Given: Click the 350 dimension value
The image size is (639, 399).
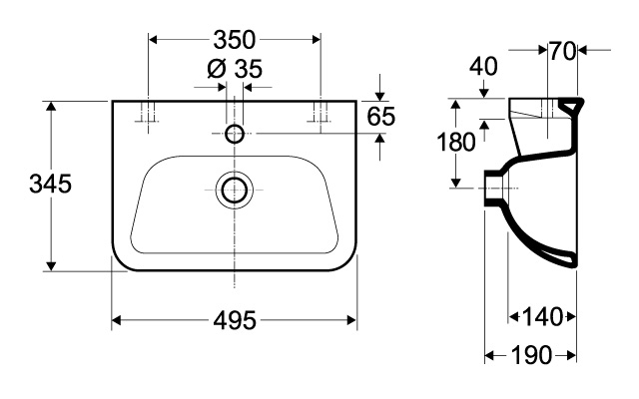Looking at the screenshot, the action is pyautogui.click(x=235, y=40).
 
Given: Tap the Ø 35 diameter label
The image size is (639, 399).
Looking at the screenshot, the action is pyautogui.click(x=235, y=69).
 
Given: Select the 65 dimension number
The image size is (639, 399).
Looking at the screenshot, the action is pyautogui.click(x=381, y=117).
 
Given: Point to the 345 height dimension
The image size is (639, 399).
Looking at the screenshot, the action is pyautogui.click(x=51, y=184).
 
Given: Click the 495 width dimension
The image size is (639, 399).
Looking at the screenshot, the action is pyautogui.click(x=235, y=320).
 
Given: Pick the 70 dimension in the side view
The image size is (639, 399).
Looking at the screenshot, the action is pyautogui.click(x=562, y=52).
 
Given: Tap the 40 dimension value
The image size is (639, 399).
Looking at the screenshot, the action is pyautogui.click(x=483, y=67).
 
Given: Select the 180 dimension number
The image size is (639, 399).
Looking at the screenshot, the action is pyautogui.click(x=456, y=143).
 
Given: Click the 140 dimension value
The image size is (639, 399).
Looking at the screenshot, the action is pyautogui.click(x=542, y=317).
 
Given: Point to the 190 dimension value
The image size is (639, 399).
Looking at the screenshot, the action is pyautogui.click(x=531, y=355).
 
